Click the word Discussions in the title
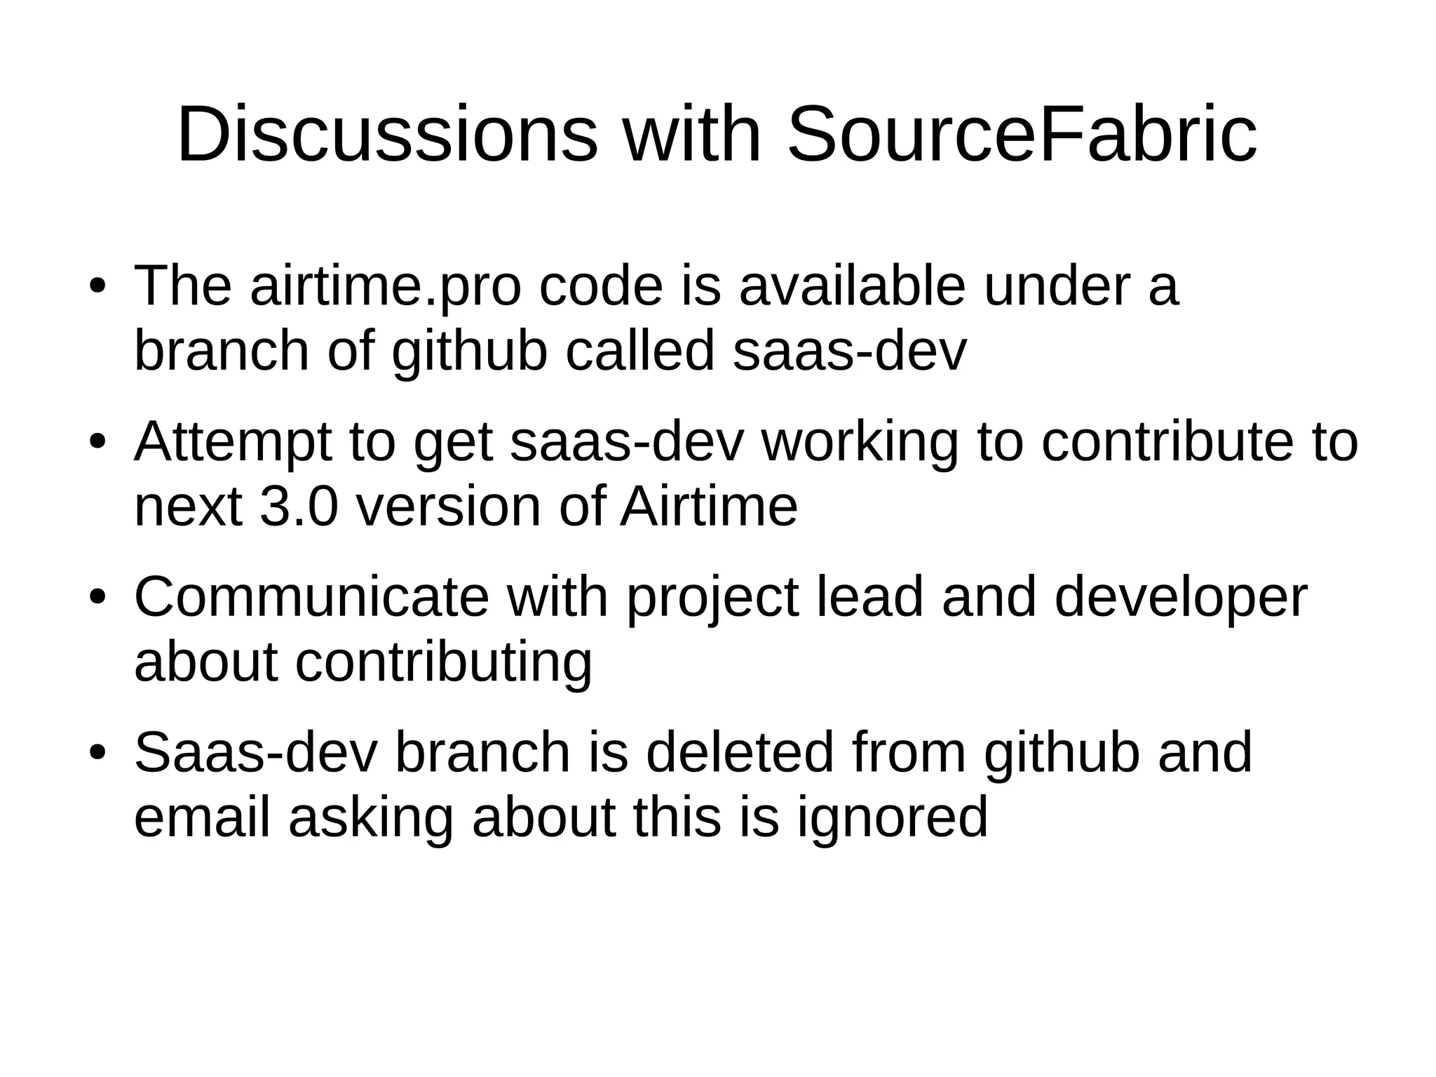tap(387, 134)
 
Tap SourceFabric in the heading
tap(1022, 134)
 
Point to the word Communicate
tap(311, 597)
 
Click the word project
tap(712, 597)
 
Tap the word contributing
tap(443, 662)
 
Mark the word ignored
tap(892, 817)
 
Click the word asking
tap(371, 817)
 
